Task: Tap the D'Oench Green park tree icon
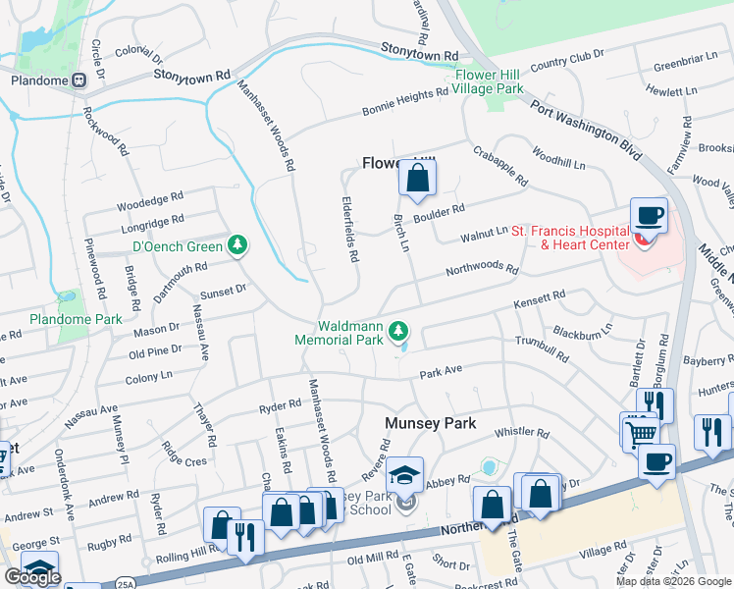[236, 244]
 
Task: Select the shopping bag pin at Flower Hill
[417, 179]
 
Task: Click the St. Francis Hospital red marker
[644, 239]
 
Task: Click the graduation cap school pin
[403, 476]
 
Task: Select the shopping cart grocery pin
[640, 431]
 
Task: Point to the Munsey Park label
[429, 423]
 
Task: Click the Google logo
[32, 577]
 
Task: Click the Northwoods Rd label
[482, 268]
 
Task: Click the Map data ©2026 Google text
[672, 581]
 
